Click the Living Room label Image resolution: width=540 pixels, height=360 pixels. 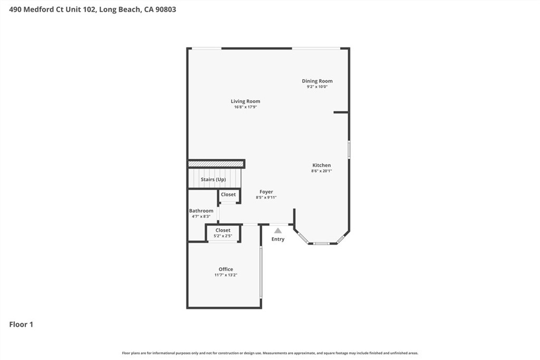pyautogui.click(x=245, y=101)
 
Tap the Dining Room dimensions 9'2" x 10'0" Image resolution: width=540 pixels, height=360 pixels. pyautogui.click(x=317, y=87)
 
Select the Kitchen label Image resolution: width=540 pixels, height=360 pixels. pyautogui.click(x=321, y=165)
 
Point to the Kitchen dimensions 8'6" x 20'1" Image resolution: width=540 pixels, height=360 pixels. pyautogui.click(x=321, y=171)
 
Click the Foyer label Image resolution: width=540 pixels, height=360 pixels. pyautogui.click(x=266, y=192)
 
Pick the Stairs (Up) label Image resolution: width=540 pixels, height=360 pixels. pyautogui.click(x=213, y=179)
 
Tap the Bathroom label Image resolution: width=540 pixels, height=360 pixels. pyautogui.click(x=201, y=211)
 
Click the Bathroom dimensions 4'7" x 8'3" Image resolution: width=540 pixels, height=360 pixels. pyautogui.click(x=201, y=217)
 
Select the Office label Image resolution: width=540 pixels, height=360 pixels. pyautogui.click(x=226, y=269)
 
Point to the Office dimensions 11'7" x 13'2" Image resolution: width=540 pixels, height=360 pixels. pyautogui.click(x=226, y=275)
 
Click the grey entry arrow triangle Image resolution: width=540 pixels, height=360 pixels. pyautogui.click(x=278, y=230)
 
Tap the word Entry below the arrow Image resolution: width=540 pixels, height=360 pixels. pyautogui.click(x=278, y=239)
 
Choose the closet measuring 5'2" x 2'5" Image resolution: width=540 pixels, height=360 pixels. pyautogui.click(x=223, y=233)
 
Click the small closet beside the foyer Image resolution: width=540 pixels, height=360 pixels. pyautogui.click(x=228, y=196)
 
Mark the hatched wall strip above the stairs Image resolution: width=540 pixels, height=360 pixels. pyautogui.click(x=216, y=164)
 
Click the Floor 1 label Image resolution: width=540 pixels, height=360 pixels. pyautogui.click(x=21, y=325)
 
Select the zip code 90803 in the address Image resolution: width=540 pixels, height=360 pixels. pyautogui.click(x=166, y=9)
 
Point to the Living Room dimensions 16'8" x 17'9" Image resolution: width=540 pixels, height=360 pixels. pyautogui.click(x=246, y=107)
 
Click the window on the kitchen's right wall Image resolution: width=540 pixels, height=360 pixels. pyautogui.click(x=349, y=149)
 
